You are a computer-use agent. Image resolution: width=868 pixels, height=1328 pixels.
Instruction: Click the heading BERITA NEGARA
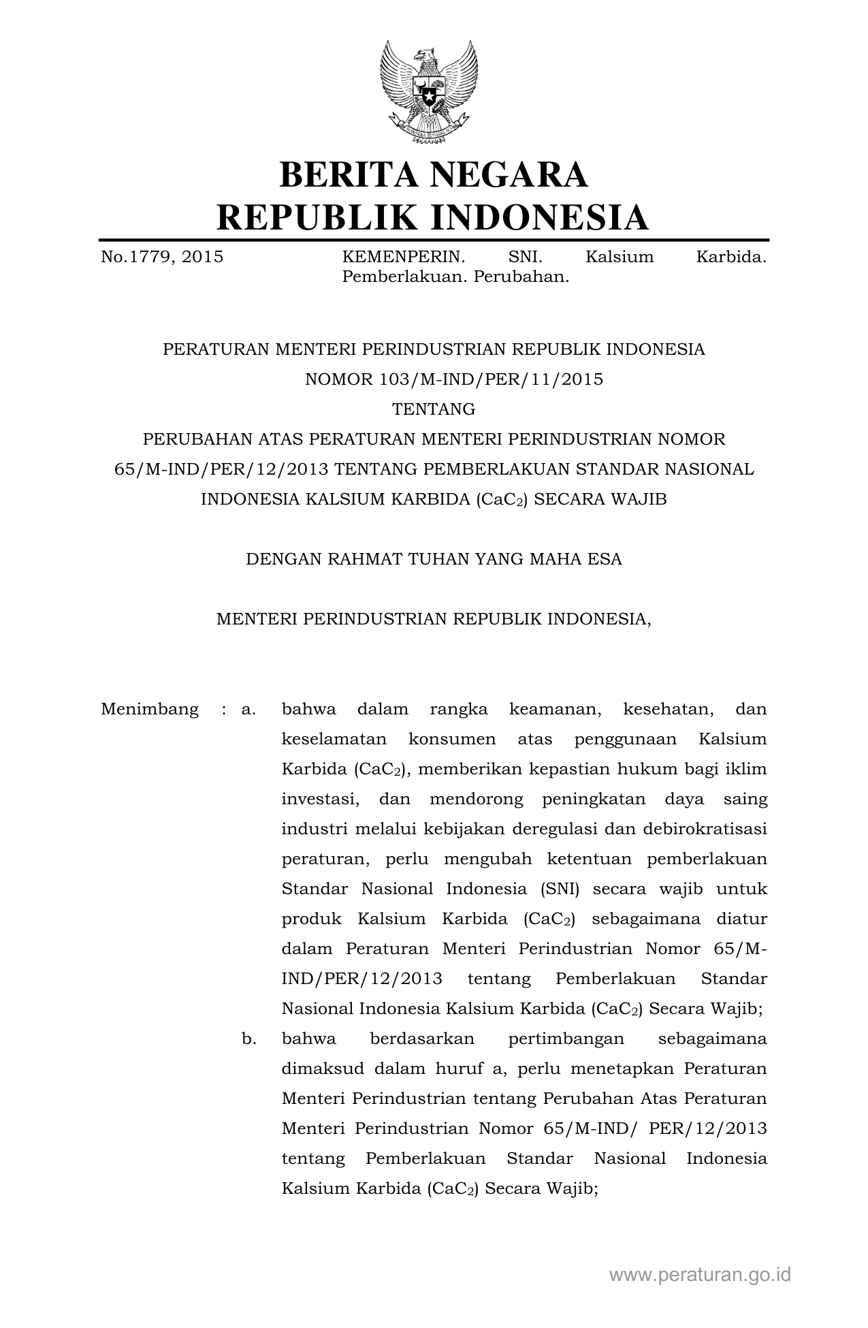(433, 174)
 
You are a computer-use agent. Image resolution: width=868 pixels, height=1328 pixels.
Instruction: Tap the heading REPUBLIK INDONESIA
(433, 217)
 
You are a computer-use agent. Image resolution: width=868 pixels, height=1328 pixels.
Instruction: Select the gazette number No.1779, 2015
(162, 257)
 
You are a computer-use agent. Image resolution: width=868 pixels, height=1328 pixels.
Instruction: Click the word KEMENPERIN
(403, 257)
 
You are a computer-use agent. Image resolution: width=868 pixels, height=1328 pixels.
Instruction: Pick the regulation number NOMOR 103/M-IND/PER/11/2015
(453, 379)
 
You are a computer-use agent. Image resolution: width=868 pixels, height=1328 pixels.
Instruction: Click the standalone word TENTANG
(434, 409)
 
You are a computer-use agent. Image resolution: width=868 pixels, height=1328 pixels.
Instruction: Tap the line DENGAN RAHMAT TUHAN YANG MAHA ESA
(434, 559)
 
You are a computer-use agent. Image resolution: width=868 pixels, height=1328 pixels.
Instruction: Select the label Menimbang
(150, 709)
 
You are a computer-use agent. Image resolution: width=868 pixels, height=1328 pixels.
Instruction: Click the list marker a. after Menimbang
(248, 709)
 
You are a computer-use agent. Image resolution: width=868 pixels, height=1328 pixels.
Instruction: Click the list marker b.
(248, 1039)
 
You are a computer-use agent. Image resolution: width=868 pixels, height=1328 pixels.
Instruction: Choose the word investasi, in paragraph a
(321, 799)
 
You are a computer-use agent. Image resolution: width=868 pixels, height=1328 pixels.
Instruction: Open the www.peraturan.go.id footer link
(700, 1274)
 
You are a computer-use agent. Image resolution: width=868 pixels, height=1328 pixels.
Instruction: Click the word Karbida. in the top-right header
(731, 257)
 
